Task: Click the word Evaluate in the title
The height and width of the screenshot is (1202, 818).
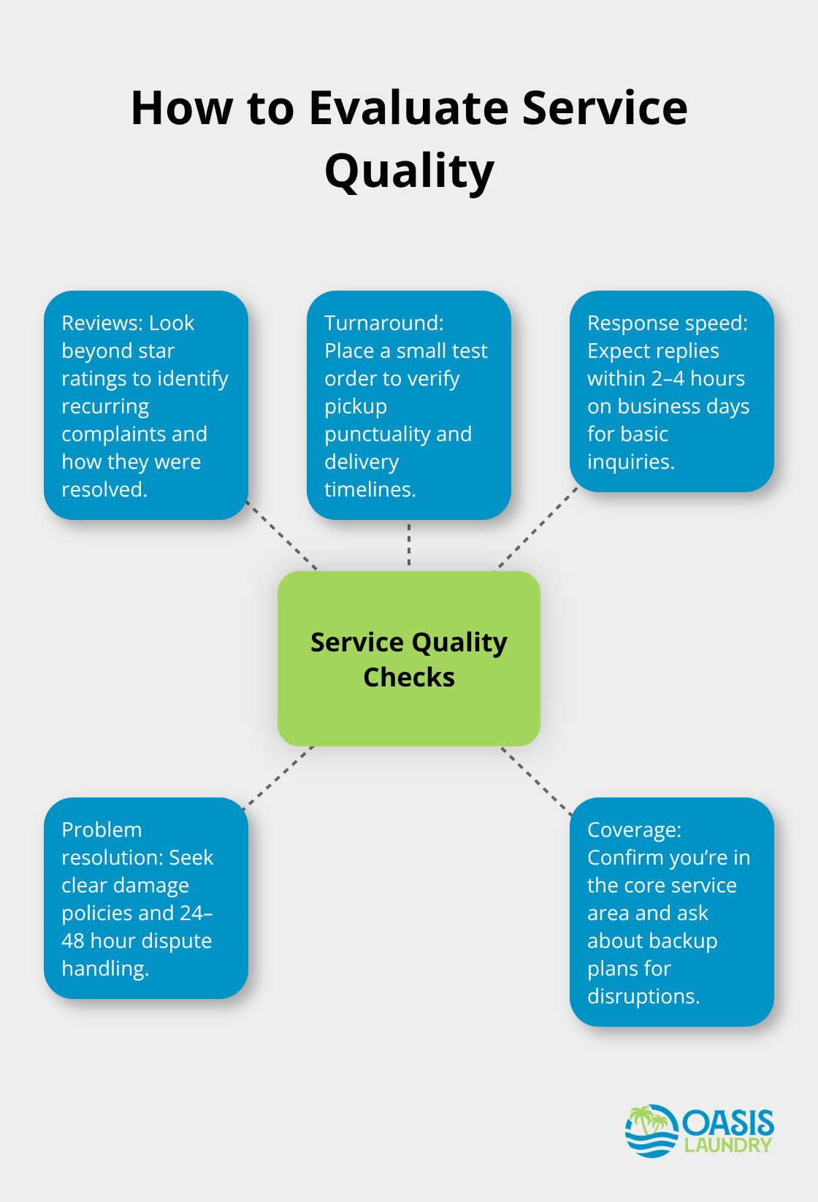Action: coord(409,108)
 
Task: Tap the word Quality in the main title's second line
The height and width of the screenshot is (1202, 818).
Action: coord(409,172)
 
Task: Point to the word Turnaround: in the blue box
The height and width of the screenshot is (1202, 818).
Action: coord(383,323)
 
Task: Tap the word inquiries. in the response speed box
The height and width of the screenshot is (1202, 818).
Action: coord(630,462)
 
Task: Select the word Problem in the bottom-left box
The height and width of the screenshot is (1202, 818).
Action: coord(102,830)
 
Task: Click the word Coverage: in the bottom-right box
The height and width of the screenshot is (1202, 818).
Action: coord(634,830)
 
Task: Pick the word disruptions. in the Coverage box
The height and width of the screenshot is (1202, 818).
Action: coord(643,996)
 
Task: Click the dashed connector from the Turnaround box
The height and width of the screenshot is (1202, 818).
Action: coord(409,545)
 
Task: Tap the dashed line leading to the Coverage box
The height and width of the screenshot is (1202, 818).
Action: coord(536,780)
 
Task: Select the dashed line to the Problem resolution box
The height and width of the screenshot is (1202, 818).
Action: coord(278,777)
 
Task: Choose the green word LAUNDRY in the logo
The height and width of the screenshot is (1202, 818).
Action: coord(727,1145)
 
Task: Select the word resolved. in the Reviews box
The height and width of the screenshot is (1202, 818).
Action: coord(104,489)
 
